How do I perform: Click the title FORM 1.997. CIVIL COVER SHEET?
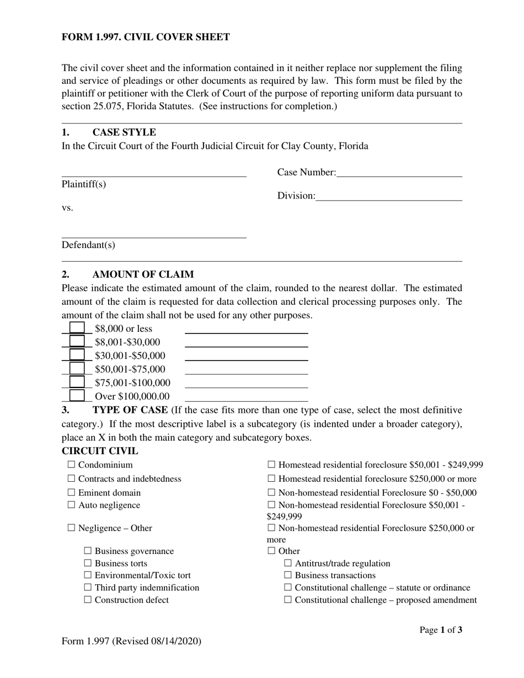(x=146, y=37)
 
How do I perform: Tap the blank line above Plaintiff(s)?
(x=153, y=172)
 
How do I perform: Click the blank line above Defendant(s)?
(x=153, y=233)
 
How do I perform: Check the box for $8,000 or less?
(x=77, y=328)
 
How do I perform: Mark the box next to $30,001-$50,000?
(x=77, y=356)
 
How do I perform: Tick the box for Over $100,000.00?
(x=77, y=396)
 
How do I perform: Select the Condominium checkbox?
(x=71, y=465)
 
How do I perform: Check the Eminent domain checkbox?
(x=71, y=493)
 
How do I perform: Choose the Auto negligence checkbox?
(x=71, y=505)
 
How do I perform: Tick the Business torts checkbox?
(x=88, y=563)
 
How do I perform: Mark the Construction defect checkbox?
(x=88, y=600)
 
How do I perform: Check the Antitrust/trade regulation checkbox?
(x=288, y=563)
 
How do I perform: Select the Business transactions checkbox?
(x=288, y=575)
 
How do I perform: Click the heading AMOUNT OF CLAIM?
(x=143, y=275)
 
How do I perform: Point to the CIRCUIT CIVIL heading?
(x=100, y=451)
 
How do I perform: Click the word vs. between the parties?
(x=67, y=208)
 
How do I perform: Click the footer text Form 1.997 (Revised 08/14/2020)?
(x=131, y=641)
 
